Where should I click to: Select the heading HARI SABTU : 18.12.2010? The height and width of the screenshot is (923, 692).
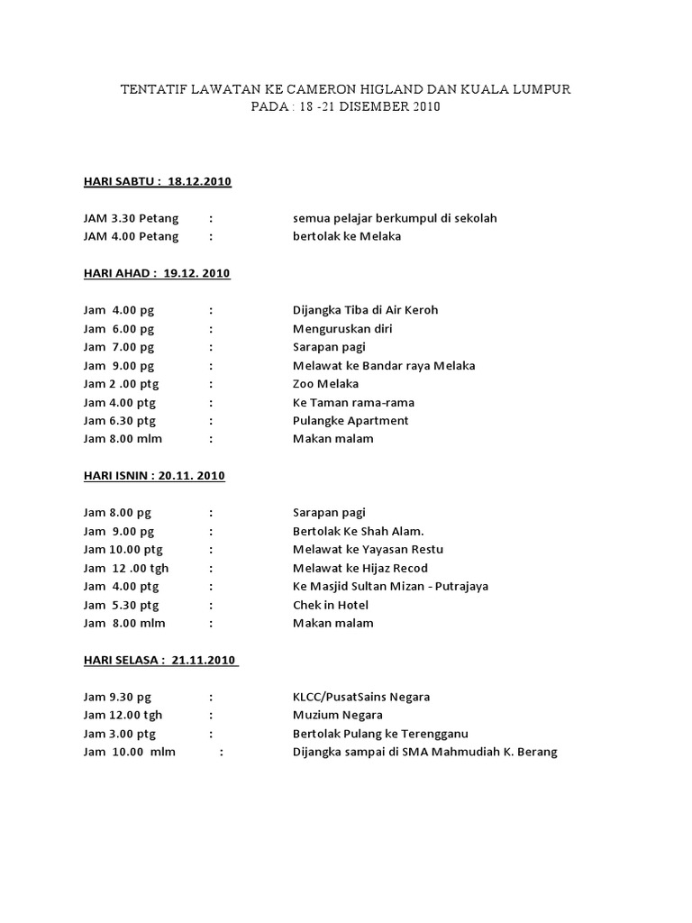(x=158, y=181)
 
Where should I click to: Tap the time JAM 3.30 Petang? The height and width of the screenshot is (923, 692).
(x=131, y=218)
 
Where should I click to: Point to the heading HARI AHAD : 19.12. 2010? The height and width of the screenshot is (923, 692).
(x=157, y=273)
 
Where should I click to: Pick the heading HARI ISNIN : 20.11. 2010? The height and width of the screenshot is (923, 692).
(x=154, y=476)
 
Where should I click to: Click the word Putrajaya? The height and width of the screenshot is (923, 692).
(x=460, y=586)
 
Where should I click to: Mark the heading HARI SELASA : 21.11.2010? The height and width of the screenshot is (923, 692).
(x=160, y=660)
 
